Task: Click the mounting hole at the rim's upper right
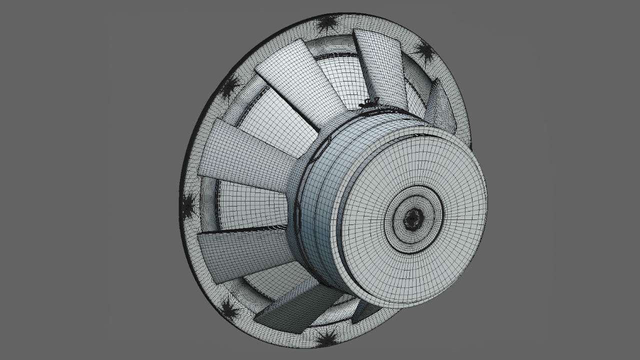[x=424, y=51]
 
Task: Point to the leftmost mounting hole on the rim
[x=187, y=204]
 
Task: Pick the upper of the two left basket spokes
[x=250, y=150]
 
